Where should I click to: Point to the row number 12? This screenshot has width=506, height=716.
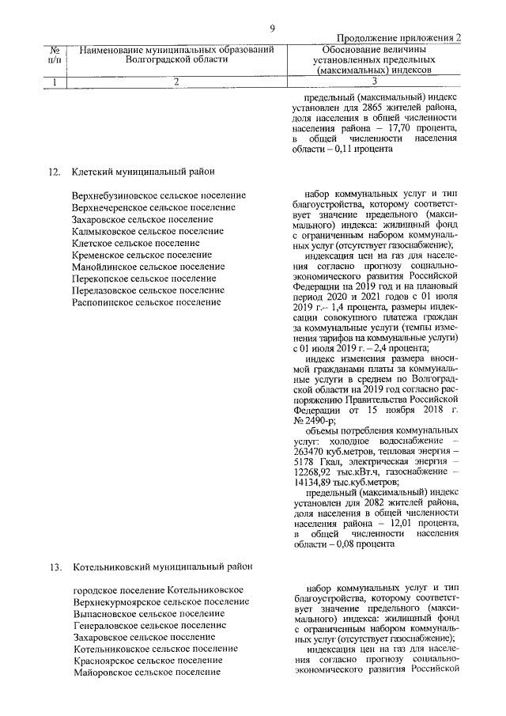coord(55,170)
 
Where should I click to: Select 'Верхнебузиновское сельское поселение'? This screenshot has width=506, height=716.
coord(158,195)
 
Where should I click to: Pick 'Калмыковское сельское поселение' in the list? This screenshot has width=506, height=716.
coord(147,231)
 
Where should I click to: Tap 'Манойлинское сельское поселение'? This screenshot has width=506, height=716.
coord(148,267)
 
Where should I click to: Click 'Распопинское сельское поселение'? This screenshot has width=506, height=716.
coord(146,302)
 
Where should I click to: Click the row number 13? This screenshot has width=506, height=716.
coord(55,567)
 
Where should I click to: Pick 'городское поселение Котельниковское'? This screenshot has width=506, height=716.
coord(157,590)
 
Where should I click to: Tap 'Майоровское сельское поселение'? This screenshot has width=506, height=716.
coord(146,672)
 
